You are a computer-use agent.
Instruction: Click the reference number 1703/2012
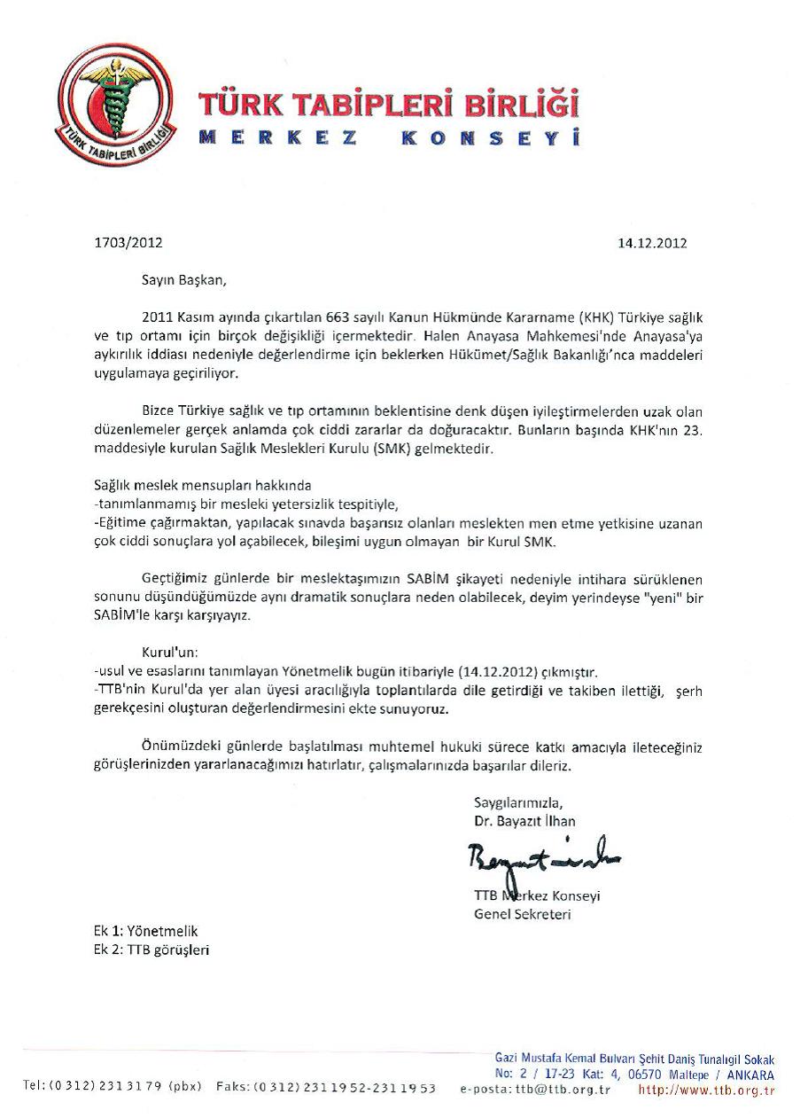(128, 241)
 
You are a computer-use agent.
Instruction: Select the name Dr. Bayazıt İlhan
(524, 821)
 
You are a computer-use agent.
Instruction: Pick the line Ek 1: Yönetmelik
(145, 931)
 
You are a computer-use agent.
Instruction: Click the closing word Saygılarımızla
(518, 804)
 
